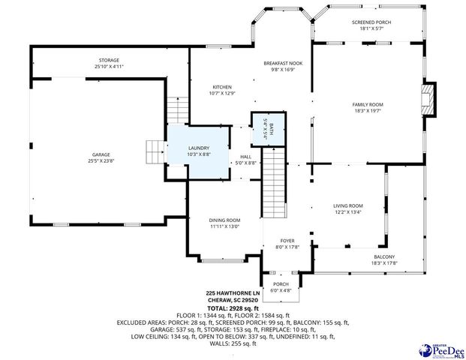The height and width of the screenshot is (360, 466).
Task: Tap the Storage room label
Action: coord(109,63)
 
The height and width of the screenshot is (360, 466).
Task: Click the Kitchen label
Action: coord(221,90)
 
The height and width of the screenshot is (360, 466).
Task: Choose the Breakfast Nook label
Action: coord(282,66)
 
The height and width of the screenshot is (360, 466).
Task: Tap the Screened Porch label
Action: coord(371,25)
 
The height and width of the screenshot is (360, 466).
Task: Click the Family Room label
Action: coord(368,107)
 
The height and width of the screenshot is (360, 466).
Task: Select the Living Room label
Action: coord(348,208)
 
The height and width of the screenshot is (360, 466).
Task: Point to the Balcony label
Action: coord(383,259)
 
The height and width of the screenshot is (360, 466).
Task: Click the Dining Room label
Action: coord(224,223)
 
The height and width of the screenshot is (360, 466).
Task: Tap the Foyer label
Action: coord(287,243)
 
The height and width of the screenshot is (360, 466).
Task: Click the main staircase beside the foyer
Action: coord(275,180)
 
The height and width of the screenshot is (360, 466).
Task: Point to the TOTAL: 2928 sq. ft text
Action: coord(233,308)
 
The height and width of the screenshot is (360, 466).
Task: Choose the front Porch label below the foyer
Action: coord(281,287)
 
